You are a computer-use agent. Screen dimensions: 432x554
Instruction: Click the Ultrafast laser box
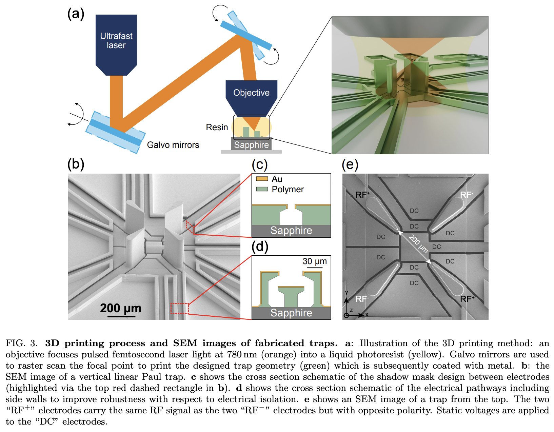click(116, 41)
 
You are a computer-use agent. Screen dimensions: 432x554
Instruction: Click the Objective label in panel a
click(251, 93)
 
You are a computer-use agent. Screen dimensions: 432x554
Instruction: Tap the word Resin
click(217, 127)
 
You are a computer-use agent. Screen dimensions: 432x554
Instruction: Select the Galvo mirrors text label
click(173, 145)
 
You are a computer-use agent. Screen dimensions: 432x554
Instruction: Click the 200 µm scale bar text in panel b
click(121, 308)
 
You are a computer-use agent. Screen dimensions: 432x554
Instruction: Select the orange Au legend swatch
click(262, 179)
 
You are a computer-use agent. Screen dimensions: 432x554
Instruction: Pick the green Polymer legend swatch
click(262, 189)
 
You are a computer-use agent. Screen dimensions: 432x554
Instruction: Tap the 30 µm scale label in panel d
click(315, 261)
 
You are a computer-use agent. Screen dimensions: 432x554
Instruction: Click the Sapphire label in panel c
click(291, 231)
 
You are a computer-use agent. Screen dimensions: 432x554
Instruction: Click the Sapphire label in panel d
click(291, 313)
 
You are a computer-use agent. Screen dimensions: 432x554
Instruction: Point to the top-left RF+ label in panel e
click(362, 195)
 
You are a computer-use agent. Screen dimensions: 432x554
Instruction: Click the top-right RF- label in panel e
click(467, 195)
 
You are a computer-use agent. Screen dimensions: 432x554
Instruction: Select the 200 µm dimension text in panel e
click(418, 243)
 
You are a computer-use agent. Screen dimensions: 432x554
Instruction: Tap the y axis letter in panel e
click(347, 292)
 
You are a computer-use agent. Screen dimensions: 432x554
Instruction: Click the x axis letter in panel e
click(367, 315)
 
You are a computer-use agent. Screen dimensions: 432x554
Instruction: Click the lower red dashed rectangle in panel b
click(179, 308)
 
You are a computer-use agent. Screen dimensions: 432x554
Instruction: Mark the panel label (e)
click(350, 164)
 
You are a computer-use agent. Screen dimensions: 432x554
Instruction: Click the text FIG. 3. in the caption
click(21, 343)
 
